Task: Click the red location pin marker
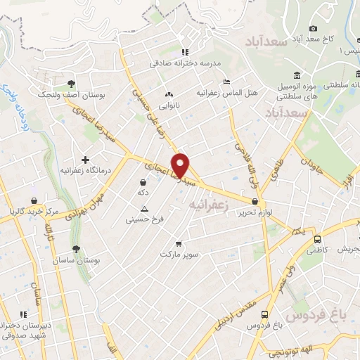(181, 165)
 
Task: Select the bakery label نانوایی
(167, 106)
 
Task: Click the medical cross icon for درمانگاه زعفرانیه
(86, 160)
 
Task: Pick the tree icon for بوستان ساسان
(76, 248)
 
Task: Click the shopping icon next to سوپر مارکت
(178, 243)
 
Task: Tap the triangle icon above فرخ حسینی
(145, 209)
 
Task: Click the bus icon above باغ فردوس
(264, 314)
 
